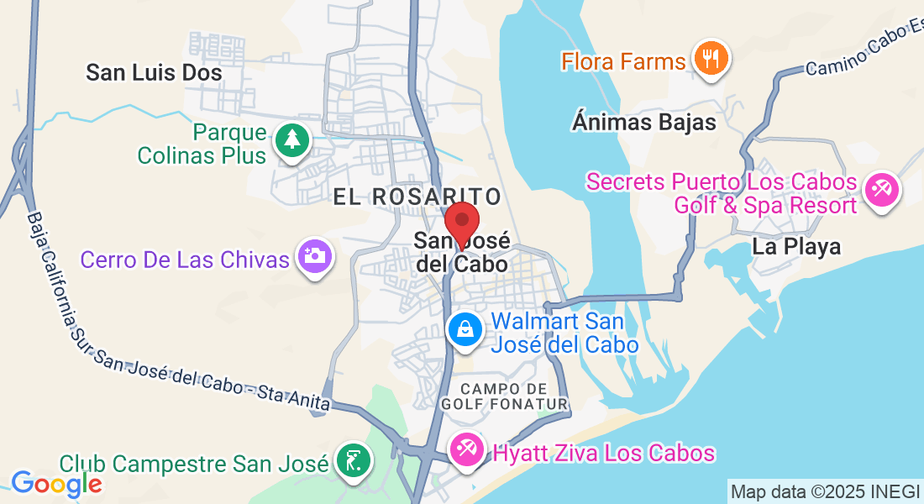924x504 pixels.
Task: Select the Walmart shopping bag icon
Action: [x=465, y=329]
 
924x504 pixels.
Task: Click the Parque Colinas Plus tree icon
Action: [x=291, y=139]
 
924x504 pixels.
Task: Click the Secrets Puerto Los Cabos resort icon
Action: [x=882, y=190]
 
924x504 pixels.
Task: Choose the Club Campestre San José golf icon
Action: [x=352, y=460]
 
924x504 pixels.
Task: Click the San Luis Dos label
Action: [x=154, y=73]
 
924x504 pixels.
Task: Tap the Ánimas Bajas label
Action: [x=643, y=123]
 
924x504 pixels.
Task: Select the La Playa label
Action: [x=795, y=247]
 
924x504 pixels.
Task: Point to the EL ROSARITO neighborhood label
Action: [x=417, y=197]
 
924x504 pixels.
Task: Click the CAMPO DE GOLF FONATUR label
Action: [x=516, y=396]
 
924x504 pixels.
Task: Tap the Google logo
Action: [x=55, y=484]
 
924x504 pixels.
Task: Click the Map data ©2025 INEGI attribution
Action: [x=825, y=491]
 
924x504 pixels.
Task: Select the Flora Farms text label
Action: [x=623, y=61]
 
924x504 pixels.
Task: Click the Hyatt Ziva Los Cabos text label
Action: [x=603, y=454]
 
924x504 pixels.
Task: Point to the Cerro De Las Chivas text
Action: [x=185, y=260]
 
